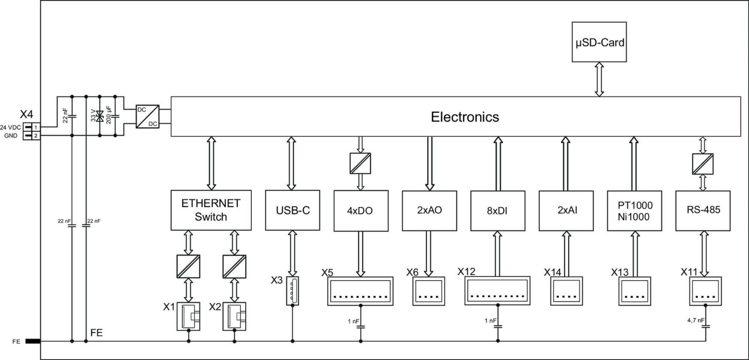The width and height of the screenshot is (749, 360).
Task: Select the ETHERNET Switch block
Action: [x=211, y=210]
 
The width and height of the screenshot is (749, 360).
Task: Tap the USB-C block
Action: [x=292, y=210]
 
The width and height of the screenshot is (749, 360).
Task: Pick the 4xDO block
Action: [x=361, y=210]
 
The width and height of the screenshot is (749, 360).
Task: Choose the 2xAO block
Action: [x=429, y=210]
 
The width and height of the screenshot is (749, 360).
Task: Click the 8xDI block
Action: [x=497, y=210]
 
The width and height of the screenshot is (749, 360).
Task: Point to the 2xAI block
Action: [x=566, y=210]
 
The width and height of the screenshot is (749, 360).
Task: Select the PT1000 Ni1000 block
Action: [x=634, y=210]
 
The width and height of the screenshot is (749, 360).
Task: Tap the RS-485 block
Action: [x=703, y=210]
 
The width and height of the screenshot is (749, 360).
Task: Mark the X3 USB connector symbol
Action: [x=292, y=291]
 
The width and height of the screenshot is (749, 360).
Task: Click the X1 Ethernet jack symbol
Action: [x=189, y=316]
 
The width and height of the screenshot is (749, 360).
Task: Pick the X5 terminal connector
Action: [x=361, y=291]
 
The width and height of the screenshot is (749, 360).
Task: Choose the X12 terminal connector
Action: [x=497, y=290]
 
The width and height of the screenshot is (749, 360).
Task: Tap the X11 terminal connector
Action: [x=705, y=291]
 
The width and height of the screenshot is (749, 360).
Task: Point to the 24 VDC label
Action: [x=10, y=127]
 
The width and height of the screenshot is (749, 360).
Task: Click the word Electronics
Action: [x=464, y=117]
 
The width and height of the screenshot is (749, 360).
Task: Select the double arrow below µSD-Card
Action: [x=599, y=79]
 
